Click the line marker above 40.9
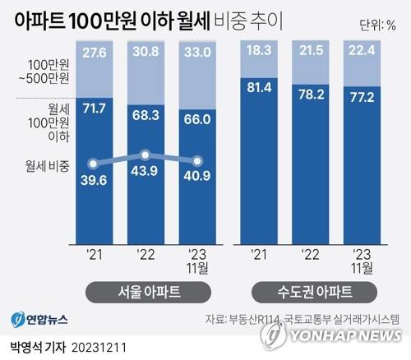click(197, 161)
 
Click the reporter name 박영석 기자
click(38, 348)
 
